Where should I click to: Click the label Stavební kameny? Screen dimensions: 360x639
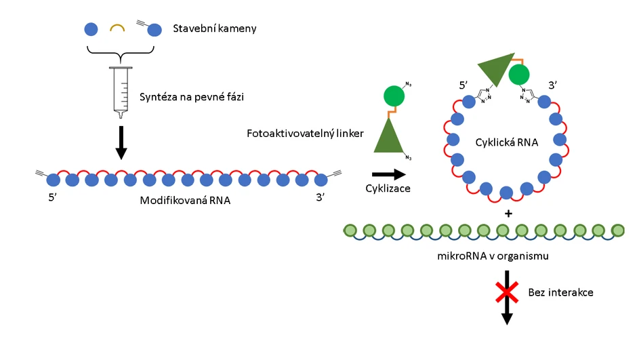pos(215,29)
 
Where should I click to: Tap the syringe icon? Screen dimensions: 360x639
pos(121,88)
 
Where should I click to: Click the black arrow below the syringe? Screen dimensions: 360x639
pos(121,142)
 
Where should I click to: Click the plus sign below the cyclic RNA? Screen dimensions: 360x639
pos(506,214)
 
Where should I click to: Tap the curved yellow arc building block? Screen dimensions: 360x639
pos(117,28)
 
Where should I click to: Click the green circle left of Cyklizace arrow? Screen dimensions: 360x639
pos(394,96)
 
